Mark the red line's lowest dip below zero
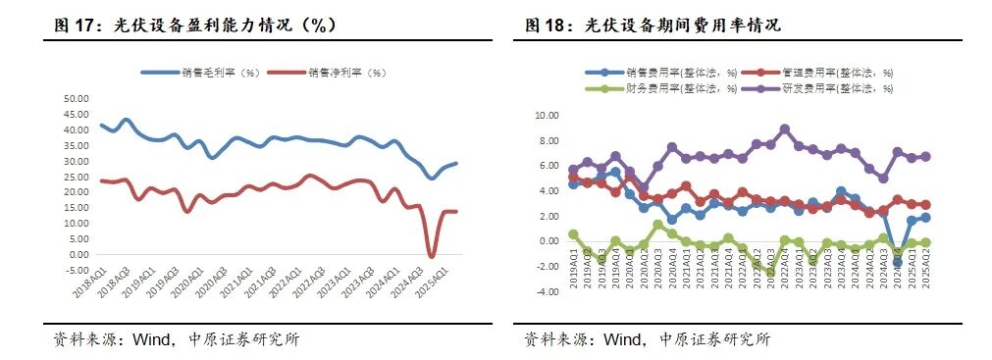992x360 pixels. pos(432,256)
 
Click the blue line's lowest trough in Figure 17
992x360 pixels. pos(432,178)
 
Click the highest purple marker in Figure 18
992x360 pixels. pos(784,129)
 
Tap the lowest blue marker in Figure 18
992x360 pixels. pos(897,262)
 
